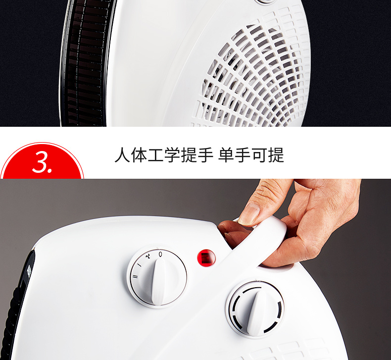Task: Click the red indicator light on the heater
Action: coord(206,257)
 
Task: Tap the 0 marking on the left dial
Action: coord(160,254)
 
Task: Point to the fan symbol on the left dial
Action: coord(148,256)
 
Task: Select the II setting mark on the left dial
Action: coord(135,276)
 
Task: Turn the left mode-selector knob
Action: coord(157,277)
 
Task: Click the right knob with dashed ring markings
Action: coord(255,309)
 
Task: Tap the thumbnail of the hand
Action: coord(249,214)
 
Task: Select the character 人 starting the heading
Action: coord(122,155)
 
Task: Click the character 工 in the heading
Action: coord(155,155)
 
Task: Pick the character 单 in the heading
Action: coord(226,155)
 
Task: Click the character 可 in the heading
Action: coord(259,155)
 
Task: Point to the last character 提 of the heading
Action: coord(276,155)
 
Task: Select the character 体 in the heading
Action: coord(139,155)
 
